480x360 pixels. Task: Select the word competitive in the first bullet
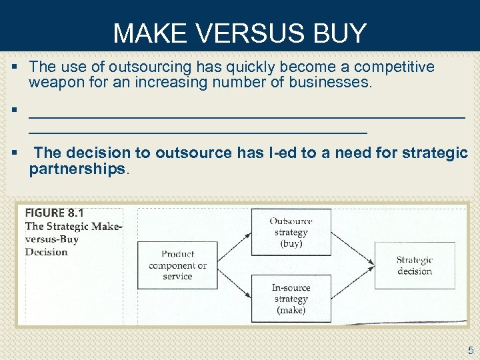click(394, 67)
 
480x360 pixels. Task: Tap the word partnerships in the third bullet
click(77, 169)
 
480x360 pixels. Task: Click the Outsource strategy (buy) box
click(291, 232)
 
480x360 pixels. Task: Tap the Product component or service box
click(177, 265)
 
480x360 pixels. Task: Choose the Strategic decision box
click(414, 265)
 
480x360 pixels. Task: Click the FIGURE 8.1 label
click(55, 213)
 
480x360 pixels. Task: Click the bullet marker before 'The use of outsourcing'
click(15, 67)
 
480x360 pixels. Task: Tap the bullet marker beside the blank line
click(15, 109)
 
